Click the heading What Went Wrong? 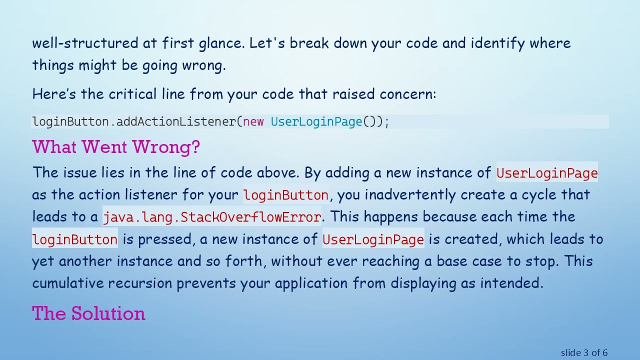[116, 147]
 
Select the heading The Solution [88, 313]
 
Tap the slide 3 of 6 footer [584, 353]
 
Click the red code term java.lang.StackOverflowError [212, 217]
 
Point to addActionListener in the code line [176, 121]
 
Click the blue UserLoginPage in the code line [316, 121]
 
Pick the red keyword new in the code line [253, 121]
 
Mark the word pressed [164, 239]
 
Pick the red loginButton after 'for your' [285, 195]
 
